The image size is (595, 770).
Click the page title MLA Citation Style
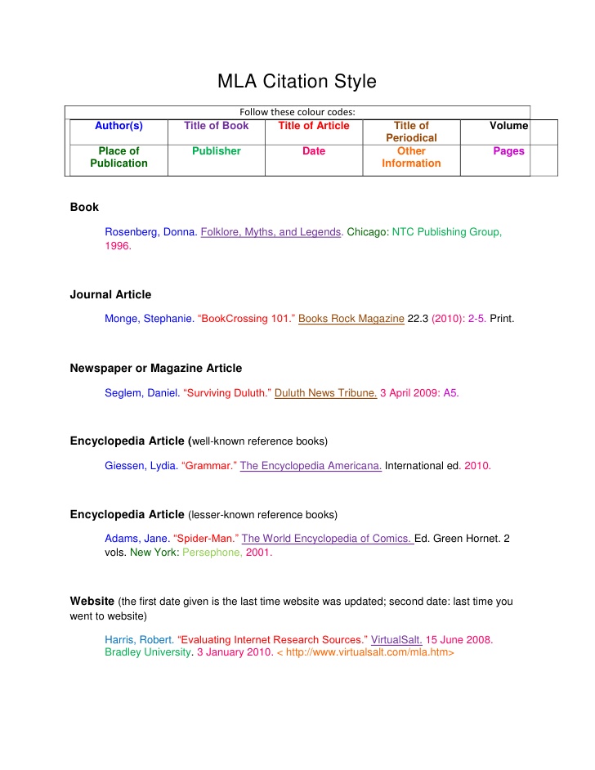click(x=297, y=82)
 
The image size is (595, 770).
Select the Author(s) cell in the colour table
click(x=119, y=126)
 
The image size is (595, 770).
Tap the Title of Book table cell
click(x=217, y=126)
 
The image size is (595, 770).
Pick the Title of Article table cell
click(x=314, y=126)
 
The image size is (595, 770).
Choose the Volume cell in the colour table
click(x=508, y=126)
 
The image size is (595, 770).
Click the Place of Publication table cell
click(x=119, y=157)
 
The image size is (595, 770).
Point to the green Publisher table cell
click(x=217, y=151)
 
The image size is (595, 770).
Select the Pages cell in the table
click(x=508, y=151)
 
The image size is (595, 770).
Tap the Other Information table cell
click(x=411, y=157)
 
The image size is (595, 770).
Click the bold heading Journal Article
click(x=110, y=294)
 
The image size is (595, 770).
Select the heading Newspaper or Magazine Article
click(x=155, y=368)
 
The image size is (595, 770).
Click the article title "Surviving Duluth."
click(x=228, y=393)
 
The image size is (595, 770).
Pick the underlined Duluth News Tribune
click(x=325, y=393)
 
